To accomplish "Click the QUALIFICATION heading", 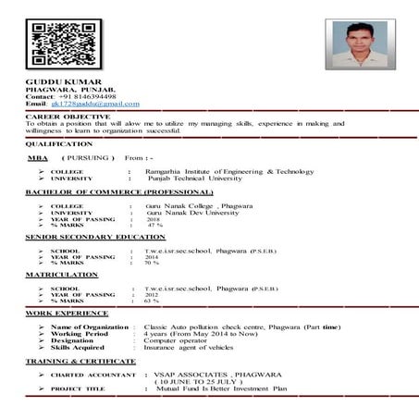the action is (x=58, y=144).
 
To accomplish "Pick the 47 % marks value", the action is (x=154, y=225).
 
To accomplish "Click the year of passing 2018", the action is (x=154, y=218).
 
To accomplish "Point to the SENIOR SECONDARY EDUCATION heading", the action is (x=95, y=238).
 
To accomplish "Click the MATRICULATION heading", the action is (x=61, y=275).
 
